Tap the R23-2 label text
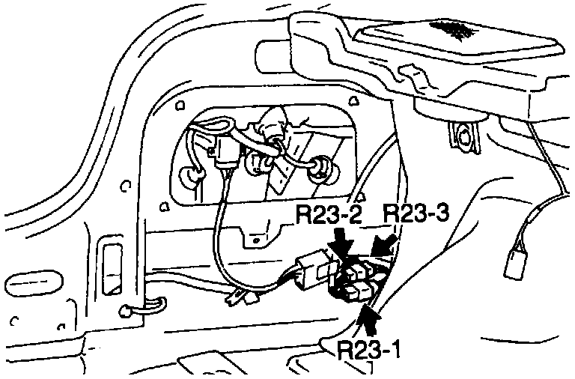coord(330,216)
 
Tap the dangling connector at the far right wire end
coord(515,263)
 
